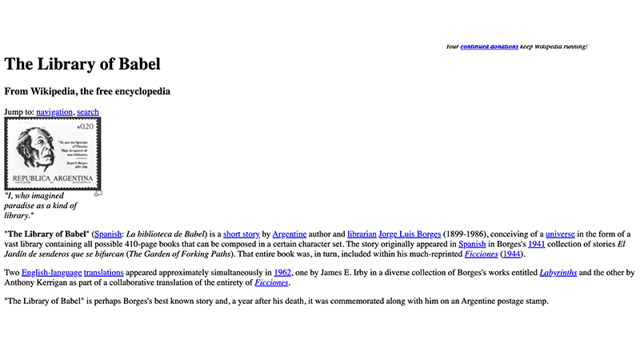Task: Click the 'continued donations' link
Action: [489, 46]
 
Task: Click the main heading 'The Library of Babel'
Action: [82, 64]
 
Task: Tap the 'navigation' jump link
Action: [54, 112]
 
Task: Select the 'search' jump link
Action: [88, 112]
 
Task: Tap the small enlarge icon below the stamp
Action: [98, 193]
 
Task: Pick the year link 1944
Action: [511, 254]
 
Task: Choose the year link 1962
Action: [282, 273]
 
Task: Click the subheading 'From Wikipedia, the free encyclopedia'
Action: [87, 91]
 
